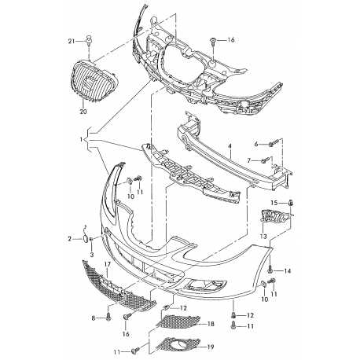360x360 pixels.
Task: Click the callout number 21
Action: click(x=72, y=41)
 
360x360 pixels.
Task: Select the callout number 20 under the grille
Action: click(x=83, y=112)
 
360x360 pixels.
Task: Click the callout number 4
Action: click(x=230, y=146)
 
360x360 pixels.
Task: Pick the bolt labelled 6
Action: click(x=273, y=143)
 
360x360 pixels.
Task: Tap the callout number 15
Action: click(x=274, y=203)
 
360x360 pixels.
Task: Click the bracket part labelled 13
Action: click(x=275, y=216)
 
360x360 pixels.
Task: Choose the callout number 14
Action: click(x=288, y=271)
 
